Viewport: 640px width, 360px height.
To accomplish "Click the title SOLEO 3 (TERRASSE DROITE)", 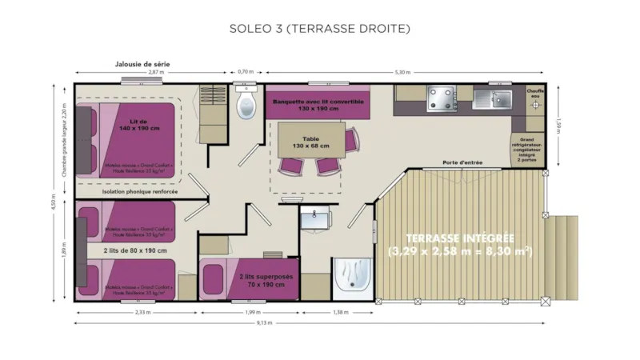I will (x=319, y=29).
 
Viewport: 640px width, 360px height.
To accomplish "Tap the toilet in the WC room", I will (x=245, y=104).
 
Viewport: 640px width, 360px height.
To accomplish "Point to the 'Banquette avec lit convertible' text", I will (x=318, y=102).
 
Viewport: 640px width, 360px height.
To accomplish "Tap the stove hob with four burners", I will (x=441, y=98).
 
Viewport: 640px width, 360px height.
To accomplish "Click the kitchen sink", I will (x=491, y=98).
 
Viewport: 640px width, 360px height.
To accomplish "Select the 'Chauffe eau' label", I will (x=535, y=94).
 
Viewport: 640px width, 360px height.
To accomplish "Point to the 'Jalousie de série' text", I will (x=142, y=64).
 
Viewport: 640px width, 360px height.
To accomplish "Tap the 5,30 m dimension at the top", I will (x=403, y=72).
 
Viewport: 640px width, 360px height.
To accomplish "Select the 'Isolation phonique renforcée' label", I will (x=140, y=192).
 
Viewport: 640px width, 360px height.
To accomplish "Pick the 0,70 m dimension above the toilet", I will (x=246, y=72).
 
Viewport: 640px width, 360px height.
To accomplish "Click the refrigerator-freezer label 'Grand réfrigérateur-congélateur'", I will (x=529, y=148).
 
